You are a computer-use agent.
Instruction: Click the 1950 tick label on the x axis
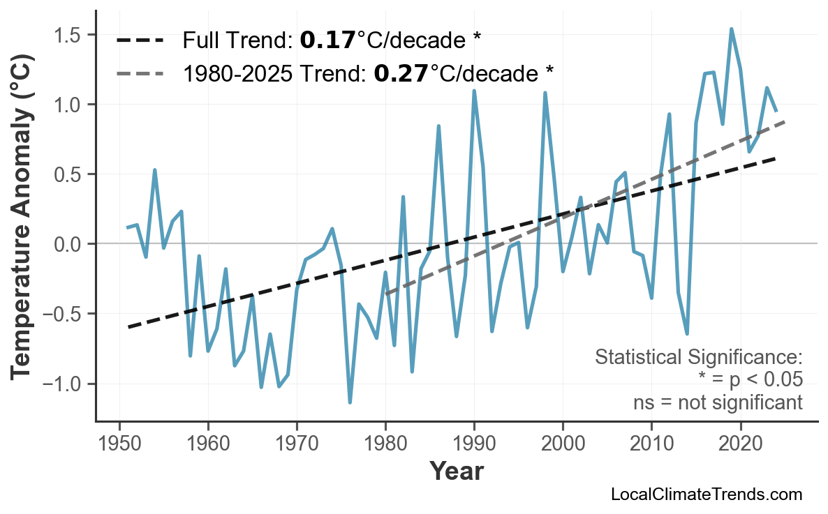tap(119, 444)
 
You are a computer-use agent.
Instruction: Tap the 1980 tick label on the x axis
tap(385, 444)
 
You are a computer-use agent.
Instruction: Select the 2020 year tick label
tap(740, 444)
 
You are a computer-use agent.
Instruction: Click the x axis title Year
tap(456, 471)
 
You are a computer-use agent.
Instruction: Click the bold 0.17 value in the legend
tap(327, 40)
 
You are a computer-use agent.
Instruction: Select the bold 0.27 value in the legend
tap(401, 73)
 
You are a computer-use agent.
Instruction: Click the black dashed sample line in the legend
tap(140, 40)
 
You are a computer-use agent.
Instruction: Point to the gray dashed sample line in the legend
tap(140, 73)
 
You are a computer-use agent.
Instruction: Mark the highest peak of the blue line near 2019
tap(731, 29)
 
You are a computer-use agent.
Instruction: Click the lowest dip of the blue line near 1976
tap(350, 402)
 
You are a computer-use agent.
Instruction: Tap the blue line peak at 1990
tap(474, 91)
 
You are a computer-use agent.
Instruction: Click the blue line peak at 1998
tap(545, 93)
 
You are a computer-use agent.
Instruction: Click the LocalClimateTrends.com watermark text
tap(706, 494)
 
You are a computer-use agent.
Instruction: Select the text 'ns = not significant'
tap(718, 402)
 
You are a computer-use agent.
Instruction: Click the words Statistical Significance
tap(698, 357)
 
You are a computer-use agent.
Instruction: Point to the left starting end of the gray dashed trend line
tap(387, 294)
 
